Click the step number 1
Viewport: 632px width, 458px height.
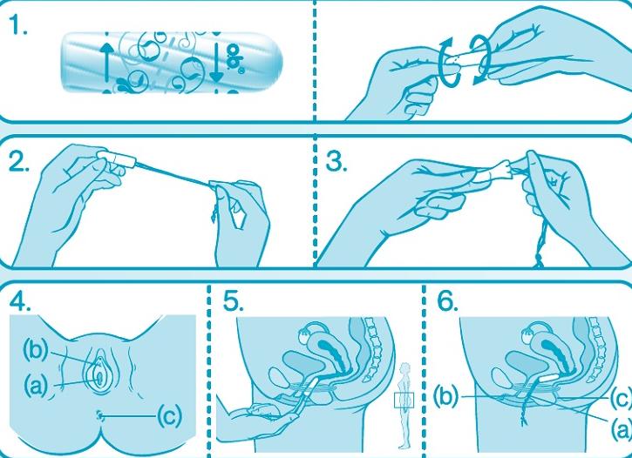18,26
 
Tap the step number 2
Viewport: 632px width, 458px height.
19,162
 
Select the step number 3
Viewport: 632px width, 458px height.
336,162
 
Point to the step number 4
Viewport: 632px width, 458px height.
20,301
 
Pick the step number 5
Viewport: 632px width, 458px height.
234,301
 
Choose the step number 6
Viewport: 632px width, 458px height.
448,301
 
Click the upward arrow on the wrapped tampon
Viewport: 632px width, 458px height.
107,63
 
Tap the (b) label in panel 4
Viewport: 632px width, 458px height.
36,350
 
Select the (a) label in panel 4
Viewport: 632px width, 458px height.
36,386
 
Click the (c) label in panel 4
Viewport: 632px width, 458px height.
169,415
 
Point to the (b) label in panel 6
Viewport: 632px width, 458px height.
445,396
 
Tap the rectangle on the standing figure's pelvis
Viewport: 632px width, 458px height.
404,400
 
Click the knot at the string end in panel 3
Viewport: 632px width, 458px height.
539,260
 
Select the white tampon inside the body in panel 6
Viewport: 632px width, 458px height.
546,378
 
